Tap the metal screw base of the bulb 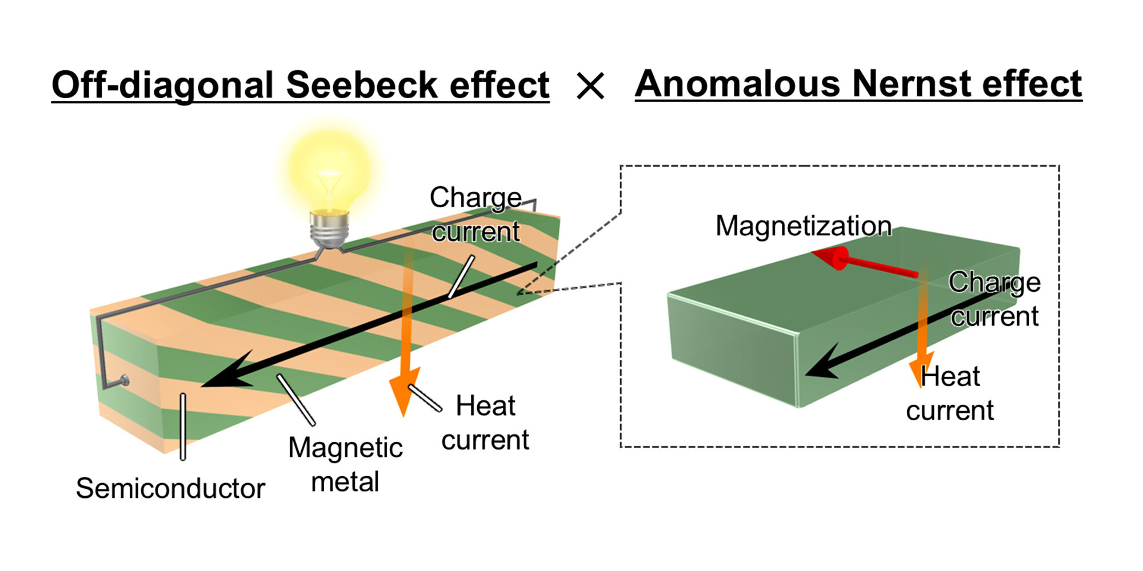(x=329, y=228)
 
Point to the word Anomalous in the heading (x=737, y=84)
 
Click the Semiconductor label (x=170, y=489)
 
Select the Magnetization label (x=804, y=226)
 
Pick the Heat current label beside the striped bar (x=485, y=423)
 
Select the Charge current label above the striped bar (x=475, y=215)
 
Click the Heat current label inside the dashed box (x=950, y=393)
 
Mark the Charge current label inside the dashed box (x=994, y=299)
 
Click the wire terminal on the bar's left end (x=125, y=380)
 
